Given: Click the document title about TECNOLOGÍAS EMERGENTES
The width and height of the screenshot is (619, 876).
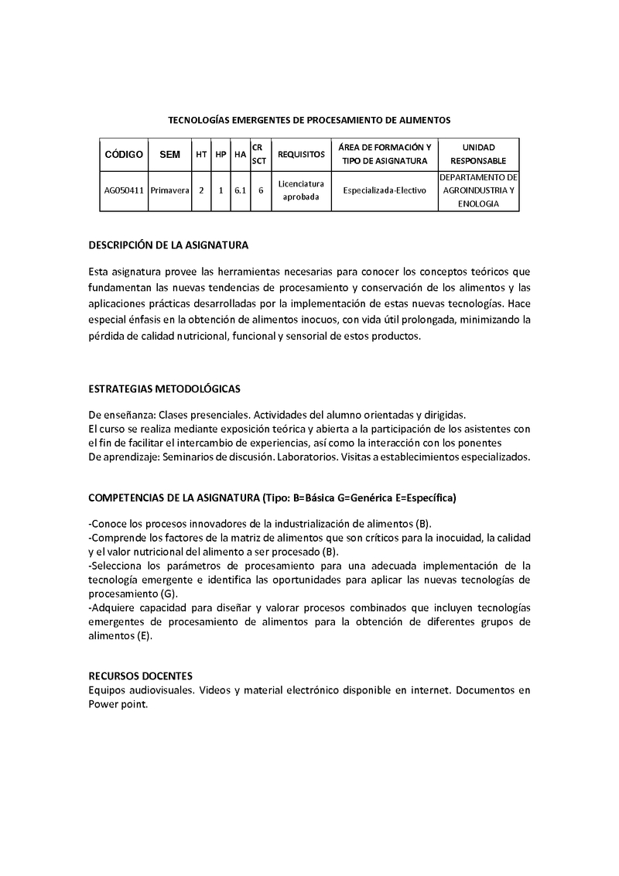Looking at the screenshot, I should pyautogui.click(x=309, y=120).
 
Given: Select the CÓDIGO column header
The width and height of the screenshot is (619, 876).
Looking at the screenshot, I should pyautogui.click(x=124, y=154).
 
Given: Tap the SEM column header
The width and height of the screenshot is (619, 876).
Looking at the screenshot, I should pyautogui.click(x=169, y=154).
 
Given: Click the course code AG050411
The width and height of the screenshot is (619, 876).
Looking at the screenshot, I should pyautogui.click(x=124, y=190).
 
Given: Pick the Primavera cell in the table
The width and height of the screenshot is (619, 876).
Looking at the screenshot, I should pyautogui.click(x=169, y=190).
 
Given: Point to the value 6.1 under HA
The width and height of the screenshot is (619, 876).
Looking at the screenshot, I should pyautogui.click(x=240, y=190).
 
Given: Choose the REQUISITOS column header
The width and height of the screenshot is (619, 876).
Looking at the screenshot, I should pyautogui.click(x=301, y=154).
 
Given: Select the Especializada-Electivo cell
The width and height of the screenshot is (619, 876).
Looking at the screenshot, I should pyautogui.click(x=385, y=190).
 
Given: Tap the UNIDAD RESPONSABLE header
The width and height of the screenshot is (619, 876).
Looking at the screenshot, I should pyautogui.click(x=478, y=154).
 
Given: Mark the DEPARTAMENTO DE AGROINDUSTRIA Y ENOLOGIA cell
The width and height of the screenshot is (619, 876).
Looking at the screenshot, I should pyautogui.click(x=478, y=190).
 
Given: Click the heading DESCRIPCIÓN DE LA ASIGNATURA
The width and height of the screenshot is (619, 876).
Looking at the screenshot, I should pyautogui.click(x=168, y=245).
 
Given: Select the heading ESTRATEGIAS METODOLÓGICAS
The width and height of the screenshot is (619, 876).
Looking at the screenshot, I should pyautogui.click(x=164, y=388).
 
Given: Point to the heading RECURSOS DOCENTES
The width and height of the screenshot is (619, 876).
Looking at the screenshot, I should pyautogui.click(x=141, y=676).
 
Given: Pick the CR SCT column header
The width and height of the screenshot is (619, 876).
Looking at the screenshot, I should pyautogui.click(x=259, y=154).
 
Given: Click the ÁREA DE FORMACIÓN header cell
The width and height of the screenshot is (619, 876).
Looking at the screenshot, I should pyautogui.click(x=385, y=147).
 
